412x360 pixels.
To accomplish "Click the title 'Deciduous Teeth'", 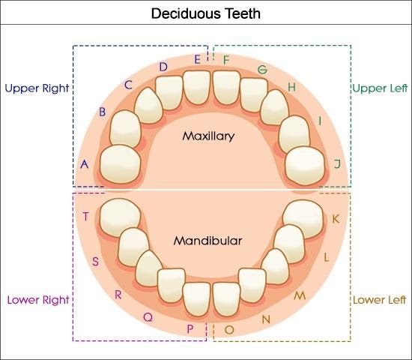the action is [206, 13].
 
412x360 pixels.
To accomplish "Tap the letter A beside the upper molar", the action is [85, 164].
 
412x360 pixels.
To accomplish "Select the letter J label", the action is [337, 163].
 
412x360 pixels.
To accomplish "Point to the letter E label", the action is [198, 59].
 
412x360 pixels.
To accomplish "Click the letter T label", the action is [85, 217].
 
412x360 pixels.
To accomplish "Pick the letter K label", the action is [336, 219].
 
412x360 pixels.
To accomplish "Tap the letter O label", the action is [229, 329].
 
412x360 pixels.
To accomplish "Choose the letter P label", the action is [190, 328].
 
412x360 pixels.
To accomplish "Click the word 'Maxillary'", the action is [208, 136].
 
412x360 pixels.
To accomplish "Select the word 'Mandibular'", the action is [207, 241].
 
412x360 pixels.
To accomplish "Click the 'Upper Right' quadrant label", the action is [37, 88].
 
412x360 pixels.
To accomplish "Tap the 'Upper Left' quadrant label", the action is [380, 88].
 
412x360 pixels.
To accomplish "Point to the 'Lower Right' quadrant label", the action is [38, 300].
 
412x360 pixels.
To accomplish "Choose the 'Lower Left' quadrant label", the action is [380, 300].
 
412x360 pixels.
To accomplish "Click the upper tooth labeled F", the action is [226, 87].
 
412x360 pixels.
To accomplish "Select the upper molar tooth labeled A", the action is [121, 164].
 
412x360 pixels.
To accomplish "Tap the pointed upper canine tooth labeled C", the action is [148, 106].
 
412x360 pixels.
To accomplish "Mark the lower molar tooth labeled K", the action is [303, 219].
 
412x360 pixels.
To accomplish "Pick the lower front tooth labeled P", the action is [196, 299].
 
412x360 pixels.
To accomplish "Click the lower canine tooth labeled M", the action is [275, 266].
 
